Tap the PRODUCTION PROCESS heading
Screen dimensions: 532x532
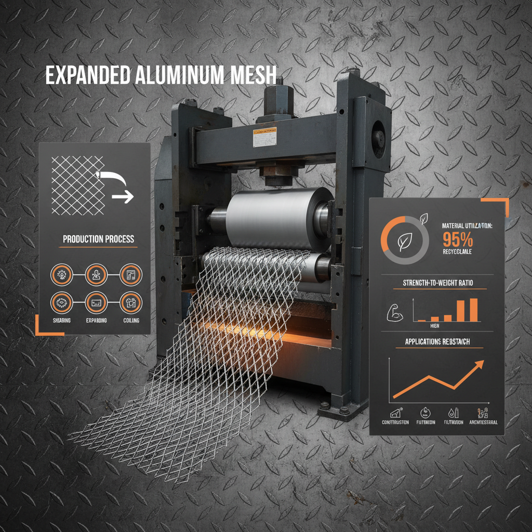98,240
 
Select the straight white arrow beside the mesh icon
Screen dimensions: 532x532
123,197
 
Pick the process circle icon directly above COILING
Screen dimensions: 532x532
130,302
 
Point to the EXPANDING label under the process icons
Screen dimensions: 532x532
96,321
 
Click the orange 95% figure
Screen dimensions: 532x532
458,240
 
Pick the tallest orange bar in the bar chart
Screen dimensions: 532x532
473,310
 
